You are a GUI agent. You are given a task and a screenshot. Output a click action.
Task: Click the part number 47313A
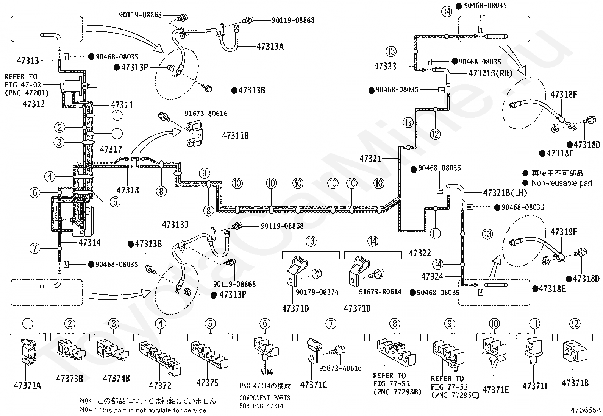click(270, 46)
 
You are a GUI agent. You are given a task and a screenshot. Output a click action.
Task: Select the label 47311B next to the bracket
click(235, 136)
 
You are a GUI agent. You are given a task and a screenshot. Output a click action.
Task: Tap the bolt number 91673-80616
click(206, 114)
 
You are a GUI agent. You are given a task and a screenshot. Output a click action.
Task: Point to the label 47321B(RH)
click(490, 73)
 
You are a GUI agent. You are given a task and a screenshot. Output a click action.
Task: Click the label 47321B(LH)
click(505, 193)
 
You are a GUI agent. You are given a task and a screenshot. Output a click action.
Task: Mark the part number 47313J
click(175, 224)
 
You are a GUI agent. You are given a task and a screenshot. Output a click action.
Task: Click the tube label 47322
click(420, 253)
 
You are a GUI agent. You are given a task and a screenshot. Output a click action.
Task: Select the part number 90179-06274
click(317, 292)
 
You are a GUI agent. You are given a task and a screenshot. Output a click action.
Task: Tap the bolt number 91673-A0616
click(340, 368)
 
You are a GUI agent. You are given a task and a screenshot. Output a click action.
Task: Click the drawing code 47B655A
click(586, 410)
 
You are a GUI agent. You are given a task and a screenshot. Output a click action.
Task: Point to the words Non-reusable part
click(562, 183)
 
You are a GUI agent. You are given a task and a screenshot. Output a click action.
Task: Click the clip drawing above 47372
click(160, 358)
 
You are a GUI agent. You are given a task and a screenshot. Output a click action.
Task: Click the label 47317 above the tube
click(111, 149)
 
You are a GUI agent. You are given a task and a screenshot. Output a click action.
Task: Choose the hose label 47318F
click(564, 94)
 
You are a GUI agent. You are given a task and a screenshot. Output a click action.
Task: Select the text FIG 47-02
click(23, 85)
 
